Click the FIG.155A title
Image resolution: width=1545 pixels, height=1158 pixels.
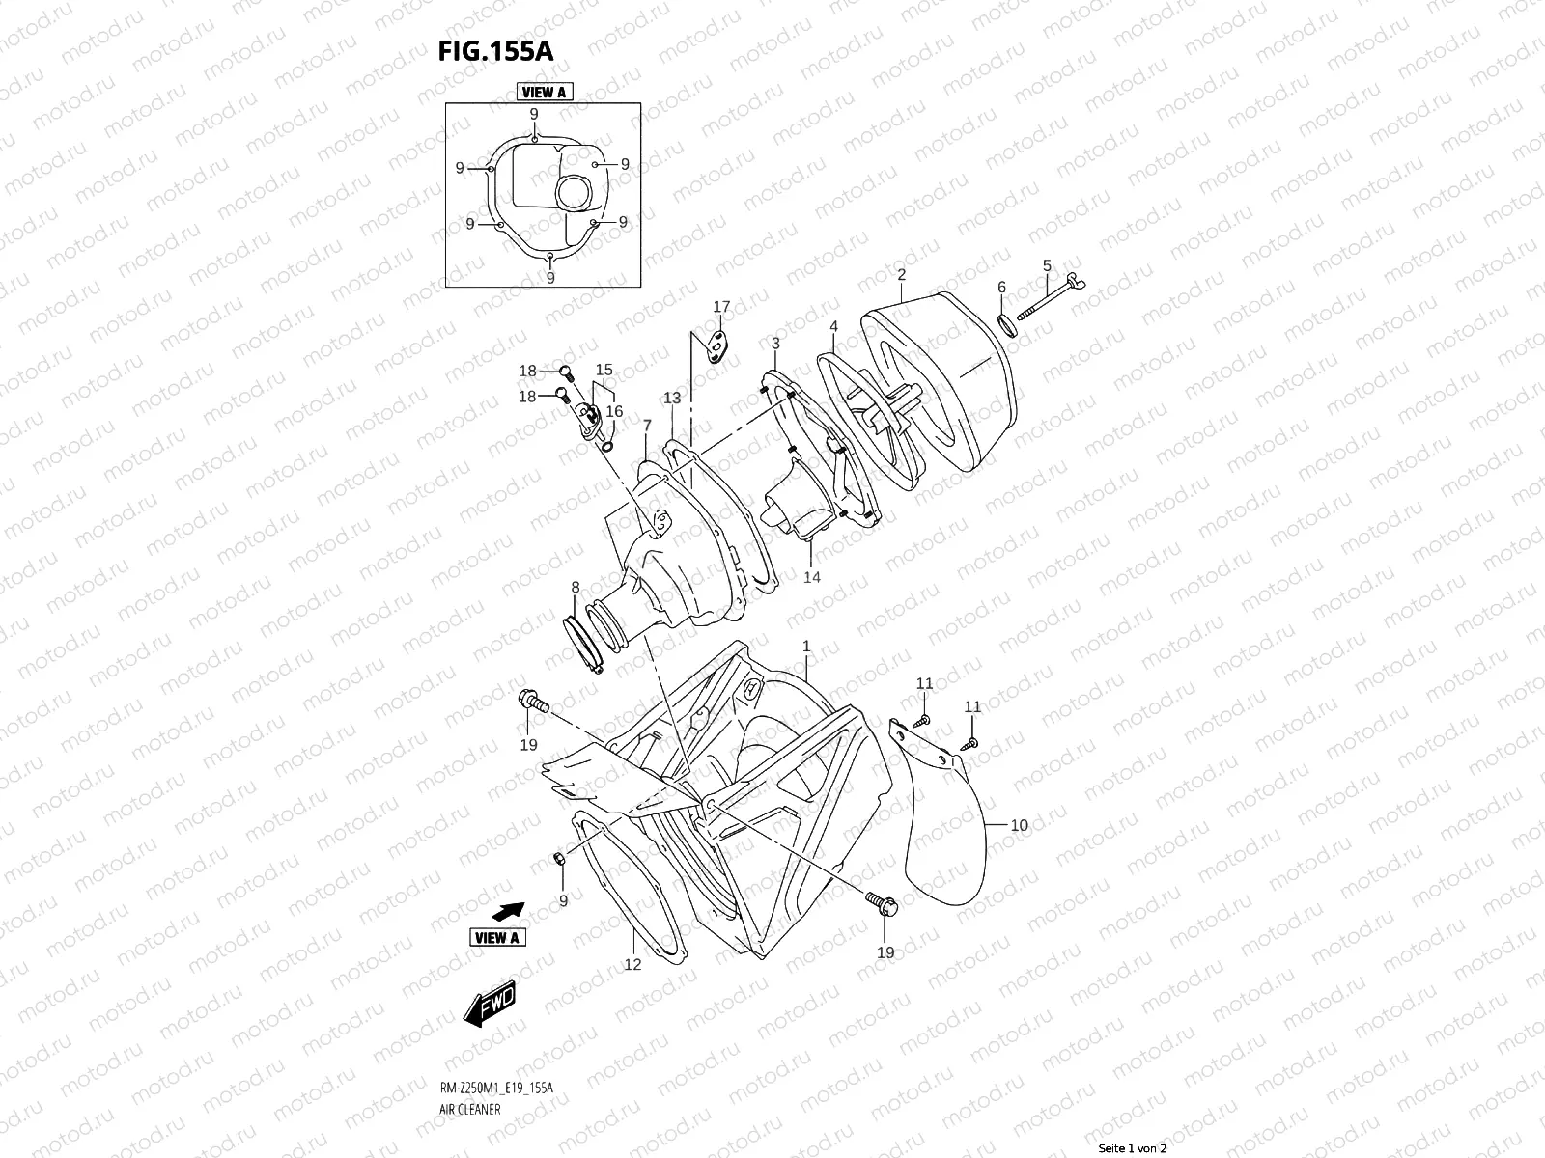tap(497, 51)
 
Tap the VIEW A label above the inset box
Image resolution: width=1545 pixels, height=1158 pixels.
tap(543, 93)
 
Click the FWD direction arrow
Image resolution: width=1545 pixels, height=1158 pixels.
tap(491, 1004)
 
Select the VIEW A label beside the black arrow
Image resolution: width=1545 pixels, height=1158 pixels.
tap(498, 937)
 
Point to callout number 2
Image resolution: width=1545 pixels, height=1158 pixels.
tap(901, 274)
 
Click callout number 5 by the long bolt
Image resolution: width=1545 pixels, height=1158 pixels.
tap(1047, 265)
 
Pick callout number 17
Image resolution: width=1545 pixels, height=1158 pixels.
tap(721, 308)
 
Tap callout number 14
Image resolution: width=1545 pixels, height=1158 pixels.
tap(811, 577)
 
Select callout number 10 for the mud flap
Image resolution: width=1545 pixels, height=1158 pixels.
tap(1020, 825)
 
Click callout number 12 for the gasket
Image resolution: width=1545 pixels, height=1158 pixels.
tap(632, 964)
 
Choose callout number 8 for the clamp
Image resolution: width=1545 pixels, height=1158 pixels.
tap(576, 587)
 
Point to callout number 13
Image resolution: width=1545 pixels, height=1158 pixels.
tap(672, 398)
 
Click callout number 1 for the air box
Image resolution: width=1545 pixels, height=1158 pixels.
tap(806, 646)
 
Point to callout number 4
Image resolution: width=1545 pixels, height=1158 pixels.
tap(833, 327)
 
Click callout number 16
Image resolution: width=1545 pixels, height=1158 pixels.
tap(614, 412)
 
